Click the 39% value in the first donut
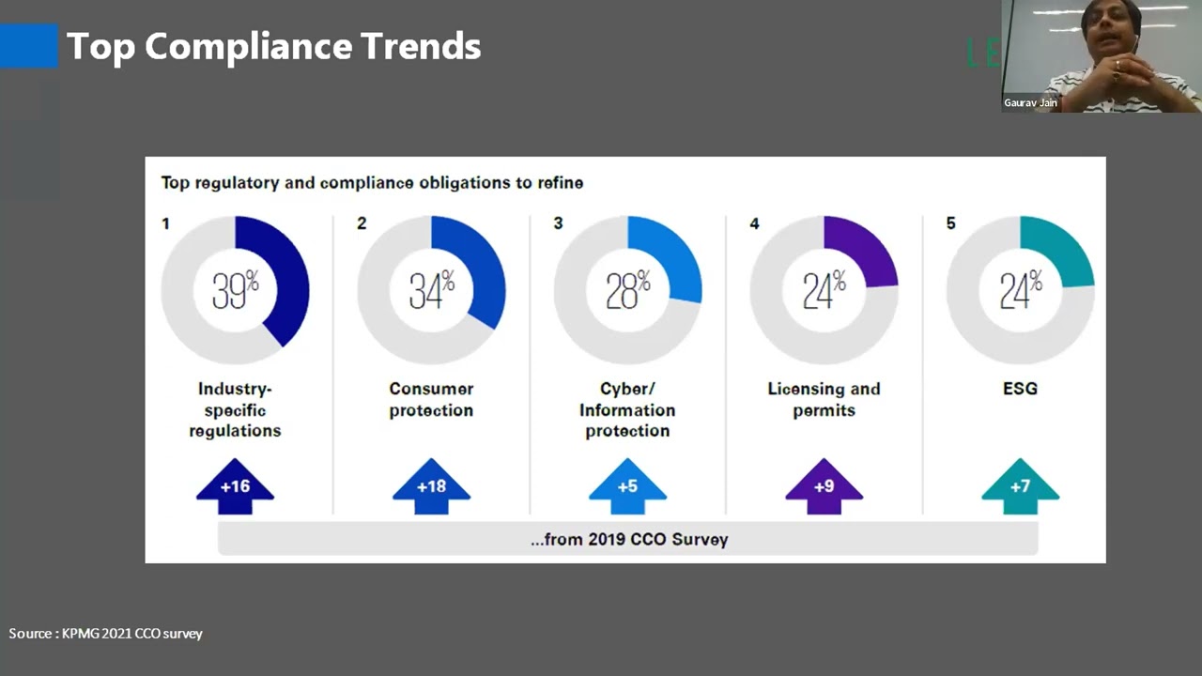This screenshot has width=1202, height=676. (236, 290)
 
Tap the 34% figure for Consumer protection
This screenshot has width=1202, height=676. (432, 290)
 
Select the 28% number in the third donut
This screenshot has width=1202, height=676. (628, 290)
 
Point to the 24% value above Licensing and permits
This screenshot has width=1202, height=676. (824, 290)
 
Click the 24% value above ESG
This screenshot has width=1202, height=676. (1021, 290)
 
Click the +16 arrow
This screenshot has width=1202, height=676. (235, 486)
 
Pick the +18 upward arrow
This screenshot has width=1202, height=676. (431, 486)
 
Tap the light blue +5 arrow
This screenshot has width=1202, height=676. (628, 486)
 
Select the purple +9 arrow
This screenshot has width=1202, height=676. (824, 486)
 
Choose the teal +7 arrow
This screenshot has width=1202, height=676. (1021, 486)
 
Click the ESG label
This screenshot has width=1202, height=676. (1020, 389)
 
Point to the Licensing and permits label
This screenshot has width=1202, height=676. (824, 399)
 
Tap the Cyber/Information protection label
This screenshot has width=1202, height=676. (627, 409)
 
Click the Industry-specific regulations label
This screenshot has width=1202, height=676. (235, 409)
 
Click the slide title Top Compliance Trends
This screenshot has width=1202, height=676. (273, 46)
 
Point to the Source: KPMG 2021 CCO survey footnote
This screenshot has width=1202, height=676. (106, 634)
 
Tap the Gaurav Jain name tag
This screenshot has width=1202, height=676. (1030, 102)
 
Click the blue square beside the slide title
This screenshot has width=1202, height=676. (29, 46)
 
